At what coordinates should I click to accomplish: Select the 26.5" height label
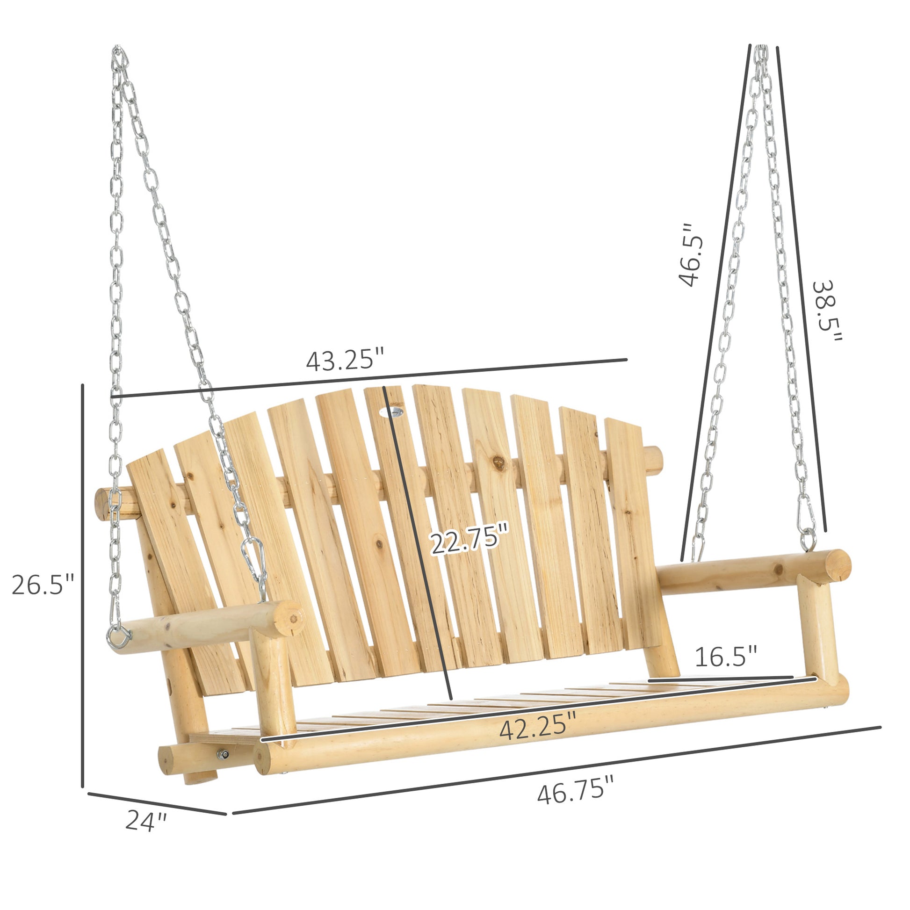[43, 585]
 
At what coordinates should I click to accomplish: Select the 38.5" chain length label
[828, 311]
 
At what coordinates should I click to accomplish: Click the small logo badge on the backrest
[392, 412]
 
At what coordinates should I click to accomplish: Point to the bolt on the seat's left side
[222, 755]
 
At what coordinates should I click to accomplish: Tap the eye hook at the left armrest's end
[118, 638]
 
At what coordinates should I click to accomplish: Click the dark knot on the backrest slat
[498, 463]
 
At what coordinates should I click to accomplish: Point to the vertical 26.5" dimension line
[82, 584]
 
